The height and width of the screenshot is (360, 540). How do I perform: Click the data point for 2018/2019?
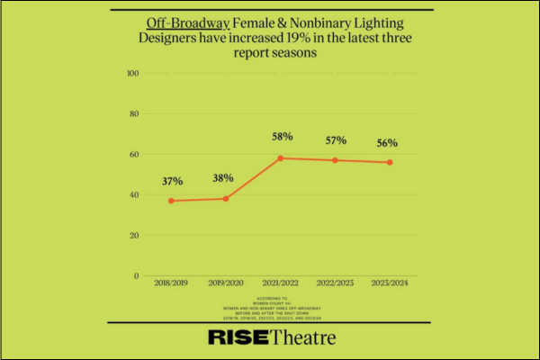coord(171,201)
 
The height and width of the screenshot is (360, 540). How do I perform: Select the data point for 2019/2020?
coord(225,198)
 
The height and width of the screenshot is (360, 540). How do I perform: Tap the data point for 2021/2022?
coord(280,158)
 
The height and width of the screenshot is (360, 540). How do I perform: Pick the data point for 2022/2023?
coord(335,160)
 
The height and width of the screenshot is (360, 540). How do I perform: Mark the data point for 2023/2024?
coord(389,162)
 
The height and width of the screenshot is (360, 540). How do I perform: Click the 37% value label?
coord(171,181)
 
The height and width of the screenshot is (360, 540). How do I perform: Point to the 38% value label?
coord(225,177)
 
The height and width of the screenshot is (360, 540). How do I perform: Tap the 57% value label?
coord(335,139)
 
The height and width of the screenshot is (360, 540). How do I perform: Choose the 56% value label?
coord(389,142)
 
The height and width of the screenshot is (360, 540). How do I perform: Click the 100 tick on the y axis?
coord(132,73)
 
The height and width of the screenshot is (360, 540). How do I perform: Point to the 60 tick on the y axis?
coord(134,155)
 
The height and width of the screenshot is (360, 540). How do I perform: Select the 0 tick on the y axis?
coord(136,276)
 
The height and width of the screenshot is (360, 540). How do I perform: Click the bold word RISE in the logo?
coord(237,338)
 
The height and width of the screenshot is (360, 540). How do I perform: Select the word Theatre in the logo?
coord(301,338)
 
